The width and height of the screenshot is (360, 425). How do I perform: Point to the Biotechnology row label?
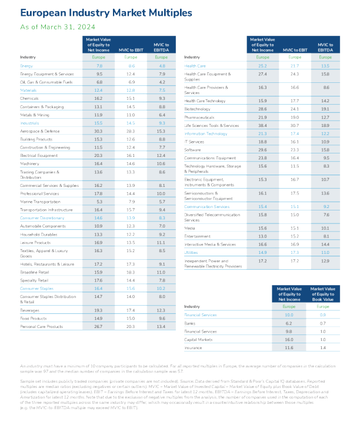point(197,109)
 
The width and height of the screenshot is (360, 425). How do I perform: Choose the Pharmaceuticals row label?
point(199,118)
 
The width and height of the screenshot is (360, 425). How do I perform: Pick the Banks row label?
point(190,323)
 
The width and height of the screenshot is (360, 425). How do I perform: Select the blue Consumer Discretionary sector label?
point(42,217)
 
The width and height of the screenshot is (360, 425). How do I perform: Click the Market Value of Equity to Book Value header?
point(322,294)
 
